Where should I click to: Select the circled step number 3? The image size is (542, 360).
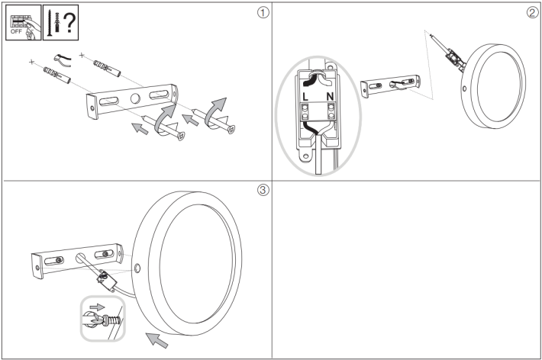(263, 191)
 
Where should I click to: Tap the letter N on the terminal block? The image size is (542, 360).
(331, 98)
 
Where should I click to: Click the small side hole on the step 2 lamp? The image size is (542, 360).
(466, 88)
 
